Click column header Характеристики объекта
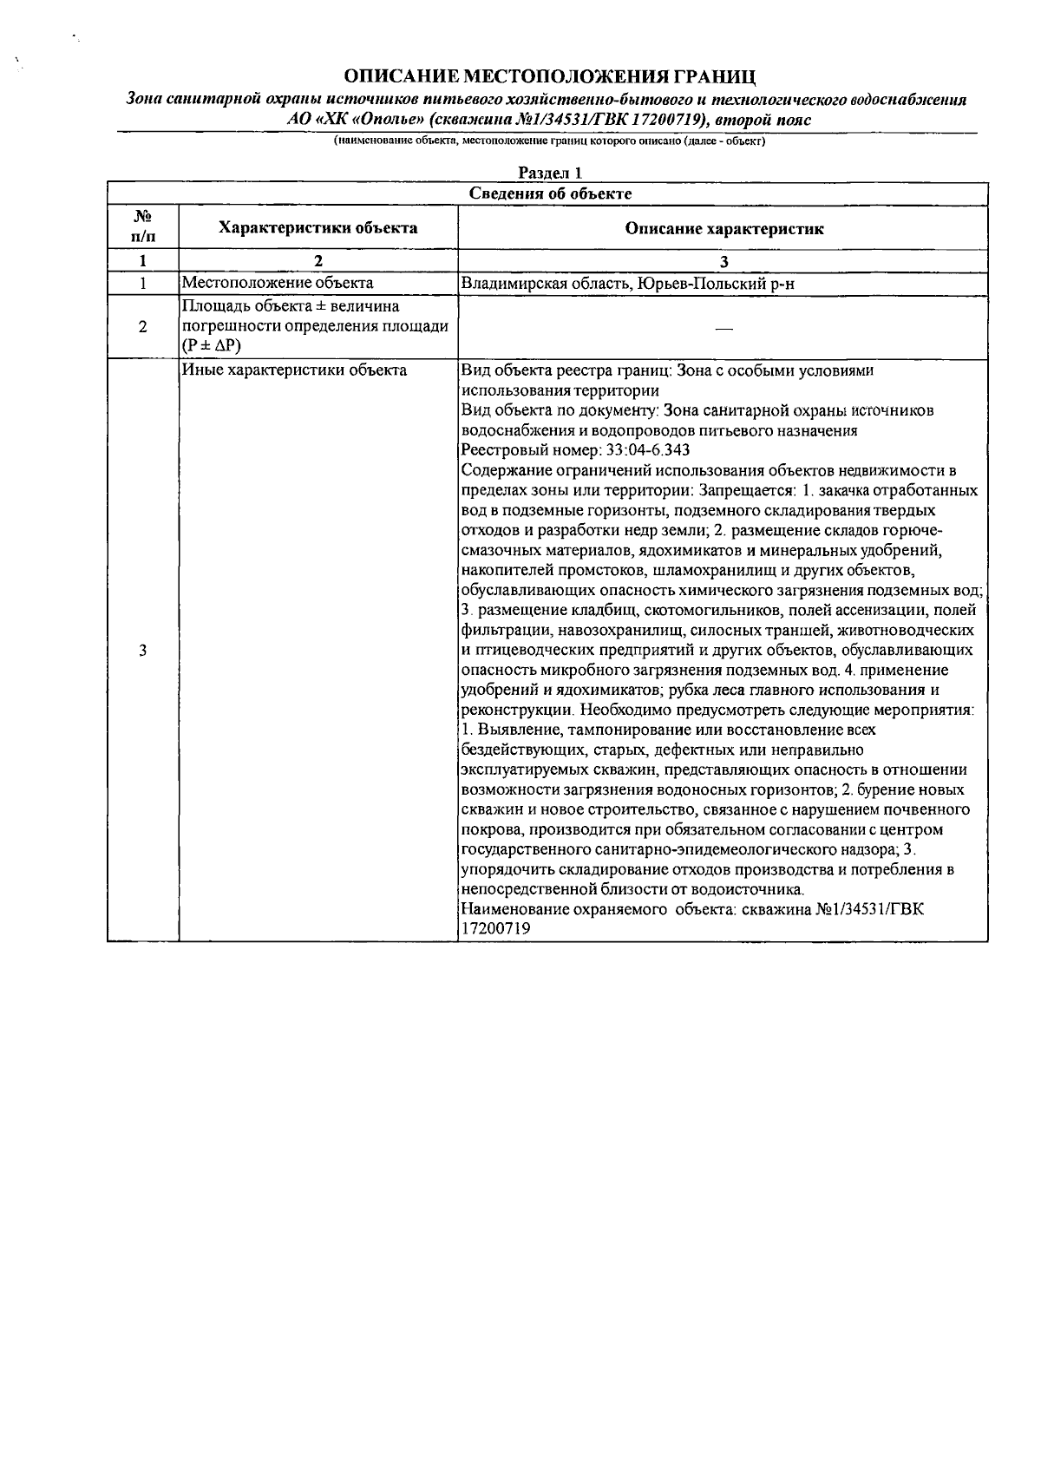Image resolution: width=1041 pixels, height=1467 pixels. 318,228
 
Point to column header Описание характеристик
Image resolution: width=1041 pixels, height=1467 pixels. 723,229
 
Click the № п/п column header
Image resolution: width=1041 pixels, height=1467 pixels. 142,228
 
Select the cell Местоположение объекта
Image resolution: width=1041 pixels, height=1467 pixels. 278,283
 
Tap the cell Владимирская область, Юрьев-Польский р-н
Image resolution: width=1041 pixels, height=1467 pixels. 627,284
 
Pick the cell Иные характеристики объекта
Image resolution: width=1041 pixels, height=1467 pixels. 294,371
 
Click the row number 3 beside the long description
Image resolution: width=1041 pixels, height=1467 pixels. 142,652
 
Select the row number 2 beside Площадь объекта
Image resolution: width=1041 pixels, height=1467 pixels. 142,327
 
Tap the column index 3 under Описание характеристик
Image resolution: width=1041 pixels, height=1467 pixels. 723,261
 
